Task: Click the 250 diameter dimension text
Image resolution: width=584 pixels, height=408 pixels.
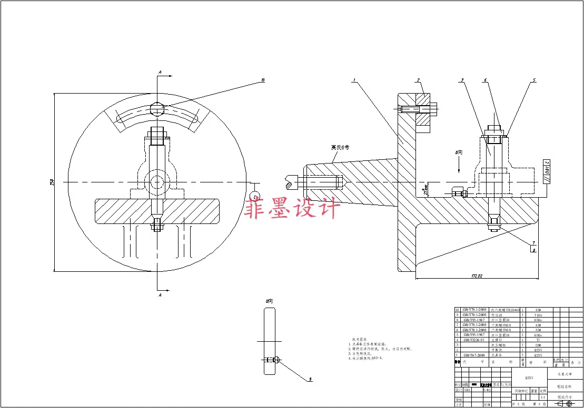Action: [52, 182]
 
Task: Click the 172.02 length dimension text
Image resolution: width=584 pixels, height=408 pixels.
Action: [477, 275]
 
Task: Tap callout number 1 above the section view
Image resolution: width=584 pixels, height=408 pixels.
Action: [355, 81]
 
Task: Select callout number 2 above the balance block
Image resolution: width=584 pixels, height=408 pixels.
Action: [418, 80]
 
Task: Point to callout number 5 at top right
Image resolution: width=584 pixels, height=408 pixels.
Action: [534, 80]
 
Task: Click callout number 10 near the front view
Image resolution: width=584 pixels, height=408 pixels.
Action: [262, 81]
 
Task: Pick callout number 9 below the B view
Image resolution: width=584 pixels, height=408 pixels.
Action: [310, 379]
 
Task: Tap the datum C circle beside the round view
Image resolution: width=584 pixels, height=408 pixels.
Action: [255, 197]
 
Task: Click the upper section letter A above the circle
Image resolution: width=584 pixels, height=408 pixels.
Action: [160, 72]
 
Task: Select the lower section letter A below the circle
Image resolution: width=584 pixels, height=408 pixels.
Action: [160, 295]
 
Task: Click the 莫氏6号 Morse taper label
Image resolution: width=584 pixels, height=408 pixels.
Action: [340, 148]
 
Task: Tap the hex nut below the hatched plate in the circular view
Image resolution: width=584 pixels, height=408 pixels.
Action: [157, 227]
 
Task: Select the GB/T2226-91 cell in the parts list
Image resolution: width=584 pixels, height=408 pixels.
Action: [475, 340]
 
